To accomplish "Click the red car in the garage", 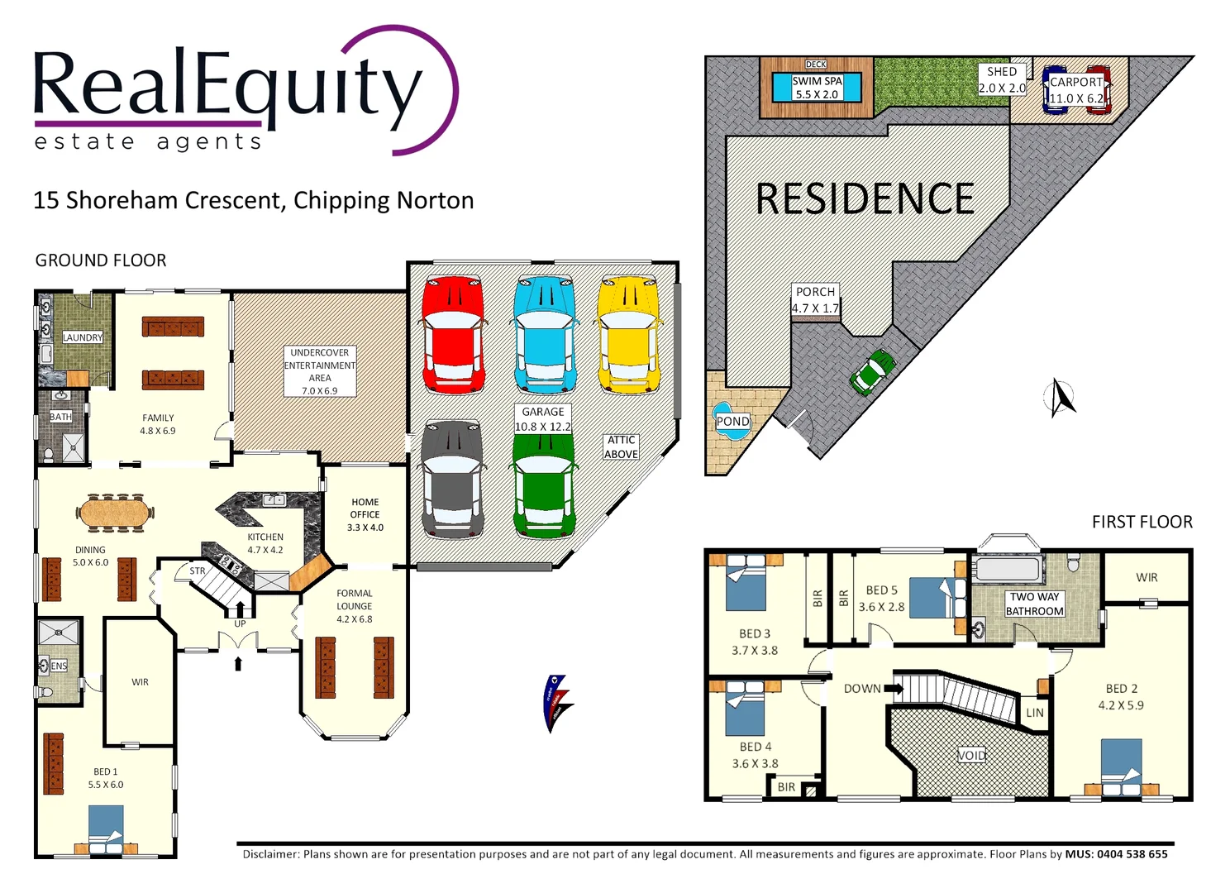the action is (x=453, y=335).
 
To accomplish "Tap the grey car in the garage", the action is (x=452, y=479).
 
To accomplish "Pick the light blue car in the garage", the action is (x=543, y=334).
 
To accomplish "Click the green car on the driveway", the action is (x=873, y=371).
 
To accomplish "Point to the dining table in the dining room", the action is (x=116, y=513).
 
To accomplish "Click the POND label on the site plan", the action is (x=732, y=422).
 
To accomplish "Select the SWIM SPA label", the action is (x=817, y=88).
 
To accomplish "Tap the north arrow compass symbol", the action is (x=1061, y=398).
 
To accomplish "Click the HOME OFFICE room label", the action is (x=365, y=514).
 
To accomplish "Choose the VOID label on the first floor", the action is (x=971, y=755).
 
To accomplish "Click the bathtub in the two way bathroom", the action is (x=1008, y=569).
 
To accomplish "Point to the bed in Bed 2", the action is (x=1121, y=766).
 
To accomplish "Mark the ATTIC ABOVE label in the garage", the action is (x=621, y=447).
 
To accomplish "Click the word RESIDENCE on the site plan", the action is (x=865, y=199).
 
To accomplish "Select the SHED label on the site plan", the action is (x=1002, y=72).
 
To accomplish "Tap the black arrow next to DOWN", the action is (x=894, y=688).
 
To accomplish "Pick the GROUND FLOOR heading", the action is (x=101, y=260).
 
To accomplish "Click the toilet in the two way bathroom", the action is (x=1073, y=562).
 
